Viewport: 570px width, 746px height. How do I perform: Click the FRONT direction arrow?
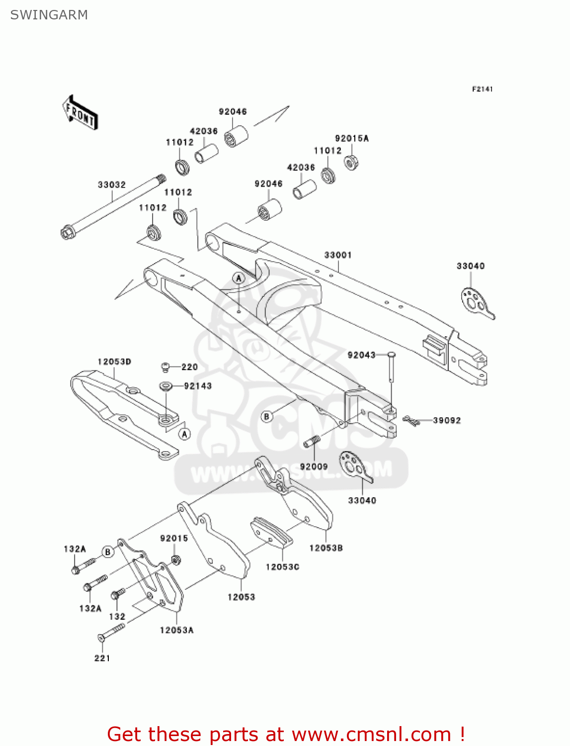80,113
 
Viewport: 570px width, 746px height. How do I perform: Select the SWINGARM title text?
49,15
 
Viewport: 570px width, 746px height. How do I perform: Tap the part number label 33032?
111,185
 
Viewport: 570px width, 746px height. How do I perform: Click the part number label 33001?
338,255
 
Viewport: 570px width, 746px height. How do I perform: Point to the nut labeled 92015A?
351,162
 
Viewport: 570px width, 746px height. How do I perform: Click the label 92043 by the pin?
361,355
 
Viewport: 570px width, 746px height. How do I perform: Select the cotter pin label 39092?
447,421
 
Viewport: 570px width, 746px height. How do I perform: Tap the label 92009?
314,467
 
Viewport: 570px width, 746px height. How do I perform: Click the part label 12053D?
114,362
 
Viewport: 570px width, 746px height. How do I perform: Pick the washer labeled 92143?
165,386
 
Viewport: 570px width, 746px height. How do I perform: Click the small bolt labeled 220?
165,368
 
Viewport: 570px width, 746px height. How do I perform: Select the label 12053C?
282,567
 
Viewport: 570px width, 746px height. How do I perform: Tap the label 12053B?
326,548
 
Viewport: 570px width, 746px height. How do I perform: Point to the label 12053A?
176,631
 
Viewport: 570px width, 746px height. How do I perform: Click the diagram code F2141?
482,89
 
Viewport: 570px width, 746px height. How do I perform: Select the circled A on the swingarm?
239,278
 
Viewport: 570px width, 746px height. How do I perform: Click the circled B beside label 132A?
108,552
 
